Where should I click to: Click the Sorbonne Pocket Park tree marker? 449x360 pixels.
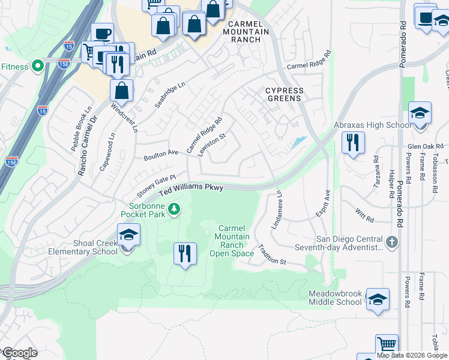174,209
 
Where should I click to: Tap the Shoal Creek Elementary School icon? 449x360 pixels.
128,235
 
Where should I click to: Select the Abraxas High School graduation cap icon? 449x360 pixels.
420,113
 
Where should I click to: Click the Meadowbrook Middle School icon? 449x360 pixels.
378,299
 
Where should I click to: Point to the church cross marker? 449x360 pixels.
392,242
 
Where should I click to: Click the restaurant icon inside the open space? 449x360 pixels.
185,253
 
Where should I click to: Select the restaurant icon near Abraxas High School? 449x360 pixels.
352,143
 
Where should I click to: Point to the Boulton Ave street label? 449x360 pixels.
161,155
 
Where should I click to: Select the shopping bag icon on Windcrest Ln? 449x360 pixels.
121,91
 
